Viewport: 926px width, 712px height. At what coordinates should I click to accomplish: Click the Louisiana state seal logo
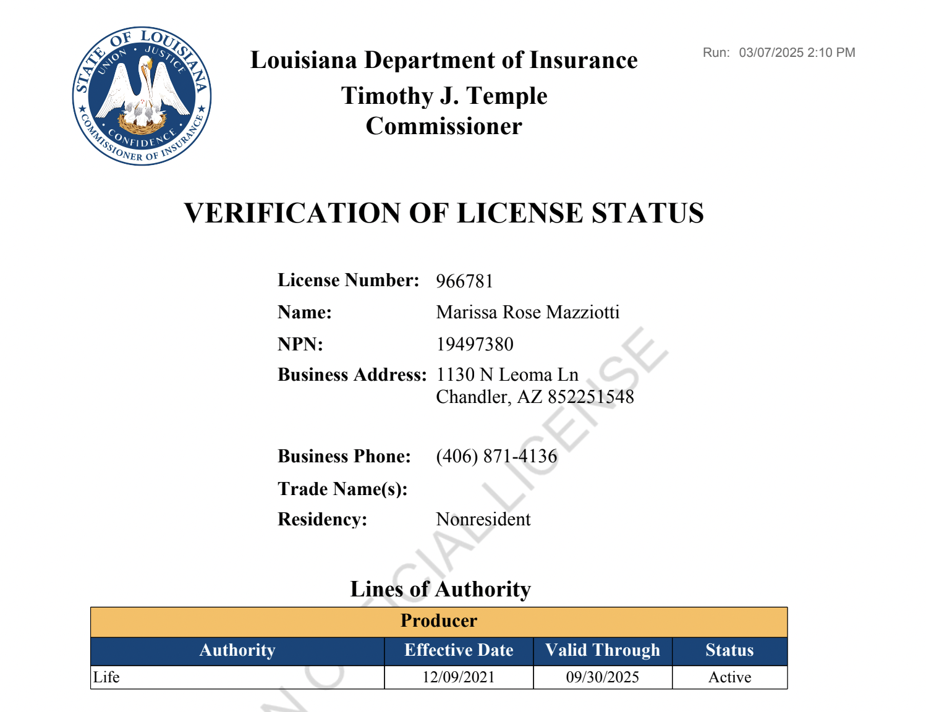pyautogui.click(x=142, y=96)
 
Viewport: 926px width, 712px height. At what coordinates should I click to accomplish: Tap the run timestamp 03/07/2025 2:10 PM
pyautogui.click(x=797, y=53)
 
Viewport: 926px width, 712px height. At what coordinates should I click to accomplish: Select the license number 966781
pyautogui.click(x=464, y=281)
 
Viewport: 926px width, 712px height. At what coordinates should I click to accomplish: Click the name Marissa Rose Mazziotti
pyautogui.click(x=527, y=312)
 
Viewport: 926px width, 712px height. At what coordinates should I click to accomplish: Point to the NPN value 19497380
pyautogui.click(x=475, y=344)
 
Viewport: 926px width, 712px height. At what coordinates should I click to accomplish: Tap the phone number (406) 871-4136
pyautogui.click(x=496, y=456)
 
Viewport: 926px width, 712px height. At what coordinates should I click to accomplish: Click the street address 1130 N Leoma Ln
pyautogui.click(x=507, y=375)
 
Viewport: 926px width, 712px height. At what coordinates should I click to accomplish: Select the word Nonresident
pyautogui.click(x=483, y=519)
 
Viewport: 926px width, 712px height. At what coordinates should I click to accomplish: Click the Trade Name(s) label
pyautogui.click(x=342, y=489)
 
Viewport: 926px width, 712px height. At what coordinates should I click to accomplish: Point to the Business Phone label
pyautogui.click(x=344, y=456)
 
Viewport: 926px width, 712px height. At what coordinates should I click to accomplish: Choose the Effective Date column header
pyautogui.click(x=459, y=650)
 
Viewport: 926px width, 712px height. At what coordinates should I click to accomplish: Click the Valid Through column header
pyautogui.click(x=603, y=650)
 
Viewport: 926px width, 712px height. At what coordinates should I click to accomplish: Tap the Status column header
pyautogui.click(x=729, y=650)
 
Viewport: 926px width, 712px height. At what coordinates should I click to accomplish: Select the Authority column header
pyautogui.click(x=237, y=650)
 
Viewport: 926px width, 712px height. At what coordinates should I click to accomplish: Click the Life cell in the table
pyautogui.click(x=106, y=677)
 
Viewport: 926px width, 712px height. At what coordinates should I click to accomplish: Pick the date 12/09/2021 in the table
pyautogui.click(x=459, y=677)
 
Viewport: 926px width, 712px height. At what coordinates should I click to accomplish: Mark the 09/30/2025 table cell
pyautogui.click(x=603, y=677)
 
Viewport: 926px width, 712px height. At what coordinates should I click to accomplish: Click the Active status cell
pyautogui.click(x=729, y=677)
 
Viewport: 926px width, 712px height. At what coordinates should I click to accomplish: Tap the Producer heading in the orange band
pyautogui.click(x=439, y=621)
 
